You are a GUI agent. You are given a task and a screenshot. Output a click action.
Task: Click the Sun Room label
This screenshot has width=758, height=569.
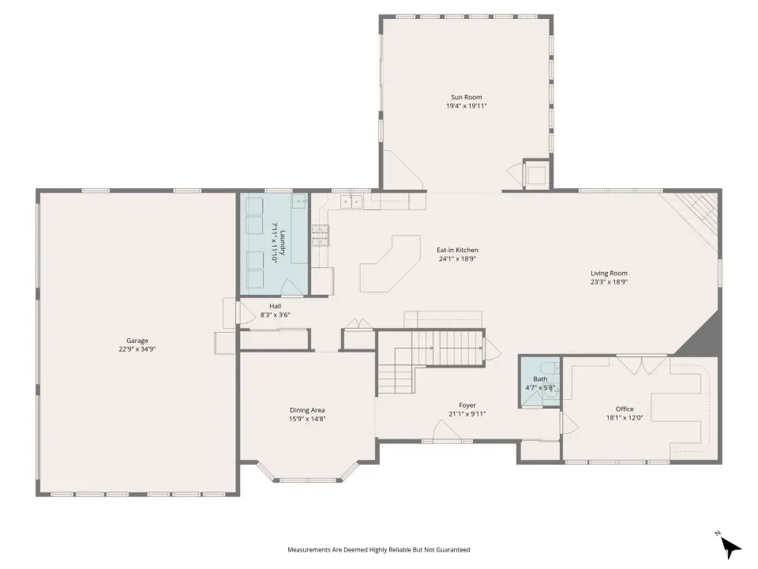(x=466, y=97)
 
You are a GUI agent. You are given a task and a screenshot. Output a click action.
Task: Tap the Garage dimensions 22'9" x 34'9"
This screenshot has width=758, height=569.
(x=137, y=349)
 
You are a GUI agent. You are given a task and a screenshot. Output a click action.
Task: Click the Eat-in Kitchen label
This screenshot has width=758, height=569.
(x=457, y=251)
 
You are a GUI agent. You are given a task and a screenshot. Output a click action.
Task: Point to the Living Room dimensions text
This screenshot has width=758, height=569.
(x=609, y=282)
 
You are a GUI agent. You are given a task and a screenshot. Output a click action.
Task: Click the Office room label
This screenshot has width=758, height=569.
(x=625, y=409)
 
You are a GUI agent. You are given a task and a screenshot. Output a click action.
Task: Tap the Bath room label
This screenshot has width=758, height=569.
(x=540, y=379)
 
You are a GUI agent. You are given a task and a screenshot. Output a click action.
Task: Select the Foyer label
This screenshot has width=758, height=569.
(x=467, y=405)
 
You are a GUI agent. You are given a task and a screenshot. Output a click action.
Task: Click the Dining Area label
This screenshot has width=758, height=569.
(x=307, y=410)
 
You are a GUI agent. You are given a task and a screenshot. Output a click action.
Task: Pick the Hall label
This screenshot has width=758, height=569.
(x=275, y=307)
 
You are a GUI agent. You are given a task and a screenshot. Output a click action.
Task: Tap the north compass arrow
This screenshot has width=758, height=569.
(x=730, y=547)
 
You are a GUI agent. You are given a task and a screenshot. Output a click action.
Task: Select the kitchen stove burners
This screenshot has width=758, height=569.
(x=320, y=236)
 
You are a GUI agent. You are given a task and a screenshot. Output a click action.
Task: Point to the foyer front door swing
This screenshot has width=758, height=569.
(x=445, y=431)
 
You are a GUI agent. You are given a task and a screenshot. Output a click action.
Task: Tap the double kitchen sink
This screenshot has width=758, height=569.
(x=351, y=202)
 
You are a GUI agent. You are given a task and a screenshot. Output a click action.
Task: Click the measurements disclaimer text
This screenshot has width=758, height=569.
(x=378, y=550)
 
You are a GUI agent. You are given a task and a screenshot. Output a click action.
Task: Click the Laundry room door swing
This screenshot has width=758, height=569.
(x=292, y=288)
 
